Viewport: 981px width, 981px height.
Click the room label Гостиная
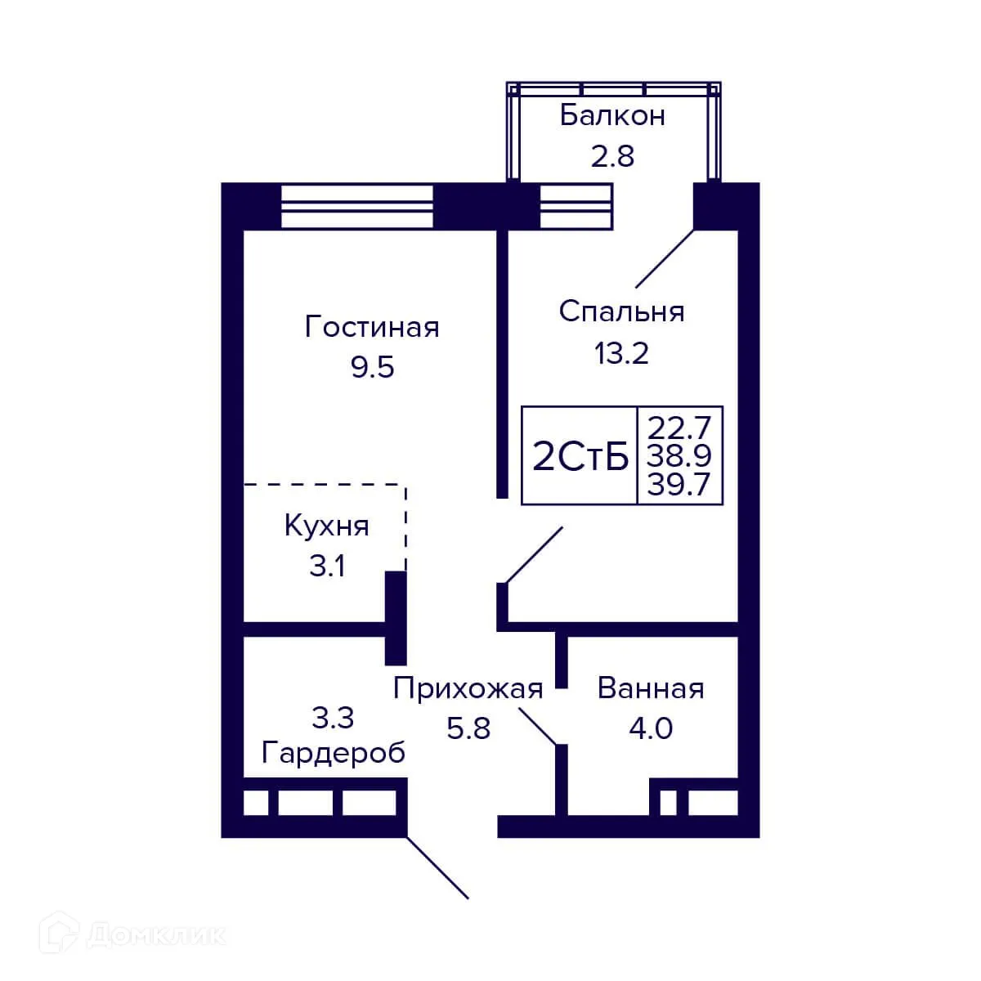372,327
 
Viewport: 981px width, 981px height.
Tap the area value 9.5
372,368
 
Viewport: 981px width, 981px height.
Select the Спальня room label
621,311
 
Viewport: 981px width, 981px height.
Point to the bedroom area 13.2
621,353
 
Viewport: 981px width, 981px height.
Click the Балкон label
612,116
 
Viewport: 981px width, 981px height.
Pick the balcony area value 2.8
612,155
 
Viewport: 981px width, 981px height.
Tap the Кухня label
326,526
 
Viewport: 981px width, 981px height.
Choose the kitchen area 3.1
326,566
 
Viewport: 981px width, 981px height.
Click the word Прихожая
468,689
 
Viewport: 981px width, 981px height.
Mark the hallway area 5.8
468,728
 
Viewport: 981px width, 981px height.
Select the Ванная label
651,689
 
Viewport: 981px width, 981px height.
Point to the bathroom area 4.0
651,728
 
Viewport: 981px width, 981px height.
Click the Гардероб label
334,753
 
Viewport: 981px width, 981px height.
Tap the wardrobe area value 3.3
333,718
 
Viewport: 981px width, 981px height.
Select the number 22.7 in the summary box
679,426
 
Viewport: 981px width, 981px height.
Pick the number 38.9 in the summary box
679,455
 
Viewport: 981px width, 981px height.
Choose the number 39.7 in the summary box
679,485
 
